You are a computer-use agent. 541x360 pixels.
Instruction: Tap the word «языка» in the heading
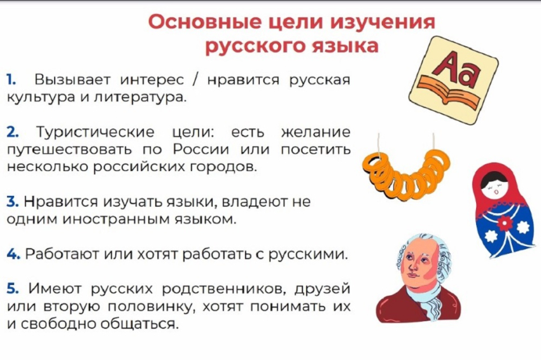pyautogui.click(x=346, y=46)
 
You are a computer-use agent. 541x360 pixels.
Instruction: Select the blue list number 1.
pyautogui.click(x=11, y=81)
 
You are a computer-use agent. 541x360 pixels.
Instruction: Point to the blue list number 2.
pyautogui.click(x=13, y=132)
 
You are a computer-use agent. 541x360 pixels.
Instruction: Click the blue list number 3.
pyautogui.click(x=12, y=202)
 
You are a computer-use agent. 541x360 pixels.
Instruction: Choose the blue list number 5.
pyautogui.click(x=13, y=288)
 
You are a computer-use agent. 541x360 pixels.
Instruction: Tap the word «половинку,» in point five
pyautogui.click(x=152, y=306)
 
